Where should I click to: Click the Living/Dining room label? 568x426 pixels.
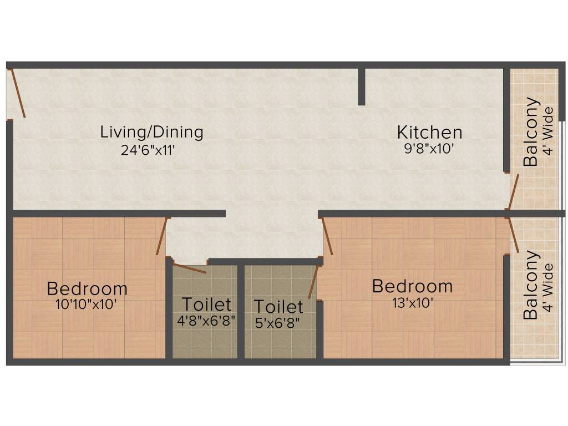pyautogui.click(x=151, y=133)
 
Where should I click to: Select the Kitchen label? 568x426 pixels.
pyautogui.click(x=429, y=133)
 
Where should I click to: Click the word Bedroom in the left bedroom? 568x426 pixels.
pyautogui.click(x=87, y=289)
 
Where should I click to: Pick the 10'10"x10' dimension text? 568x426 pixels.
pyautogui.click(x=87, y=305)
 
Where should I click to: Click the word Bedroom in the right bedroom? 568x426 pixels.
pyautogui.click(x=412, y=287)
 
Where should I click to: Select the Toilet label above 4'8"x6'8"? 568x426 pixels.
pyautogui.click(x=206, y=305)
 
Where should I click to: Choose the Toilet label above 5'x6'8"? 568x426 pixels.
pyautogui.click(x=278, y=307)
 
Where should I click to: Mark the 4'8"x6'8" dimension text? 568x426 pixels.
pyautogui.click(x=206, y=322)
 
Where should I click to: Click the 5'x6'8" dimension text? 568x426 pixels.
pyautogui.click(x=278, y=323)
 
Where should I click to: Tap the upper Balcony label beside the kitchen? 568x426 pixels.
pyautogui.click(x=531, y=131)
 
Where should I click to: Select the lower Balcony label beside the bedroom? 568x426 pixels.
pyautogui.click(x=531, y=285)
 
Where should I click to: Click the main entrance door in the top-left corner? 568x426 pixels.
pyautogui.click(x=16, y=93)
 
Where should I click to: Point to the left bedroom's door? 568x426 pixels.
pyautogui.click(x=161, y=236)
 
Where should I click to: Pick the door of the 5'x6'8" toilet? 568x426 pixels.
pyautogui.click(x=313, y=282)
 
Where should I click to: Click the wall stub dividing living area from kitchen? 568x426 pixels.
pyautogui.click(x=362, y=86)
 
